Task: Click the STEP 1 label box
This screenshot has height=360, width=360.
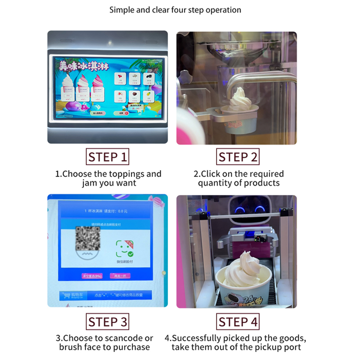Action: [x=108, y=157]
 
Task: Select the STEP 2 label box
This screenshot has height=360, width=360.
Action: [x=238, y=157]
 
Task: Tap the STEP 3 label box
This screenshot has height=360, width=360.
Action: [x=108, y=322]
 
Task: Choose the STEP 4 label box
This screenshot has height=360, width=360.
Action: [x=238, y=322]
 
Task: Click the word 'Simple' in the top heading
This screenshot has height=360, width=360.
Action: [x=122, y=10]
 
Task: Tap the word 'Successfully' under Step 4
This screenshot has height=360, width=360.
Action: [x=196, y=338]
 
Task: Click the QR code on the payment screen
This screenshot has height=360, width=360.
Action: [x=87, y=238]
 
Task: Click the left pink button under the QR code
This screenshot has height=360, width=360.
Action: [x=92, y=276]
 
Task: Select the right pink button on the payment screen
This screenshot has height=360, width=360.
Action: [x=121, y=276]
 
